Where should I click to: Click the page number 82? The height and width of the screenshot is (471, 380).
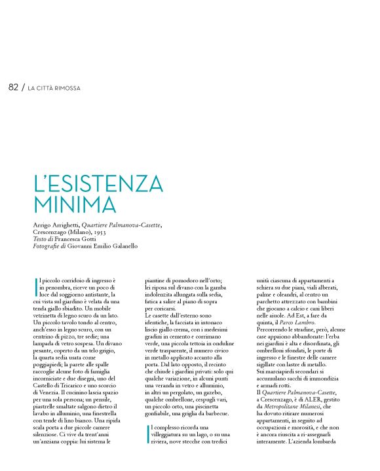click(13, 86)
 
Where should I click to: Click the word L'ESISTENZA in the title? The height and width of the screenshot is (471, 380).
click(98, 183)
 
